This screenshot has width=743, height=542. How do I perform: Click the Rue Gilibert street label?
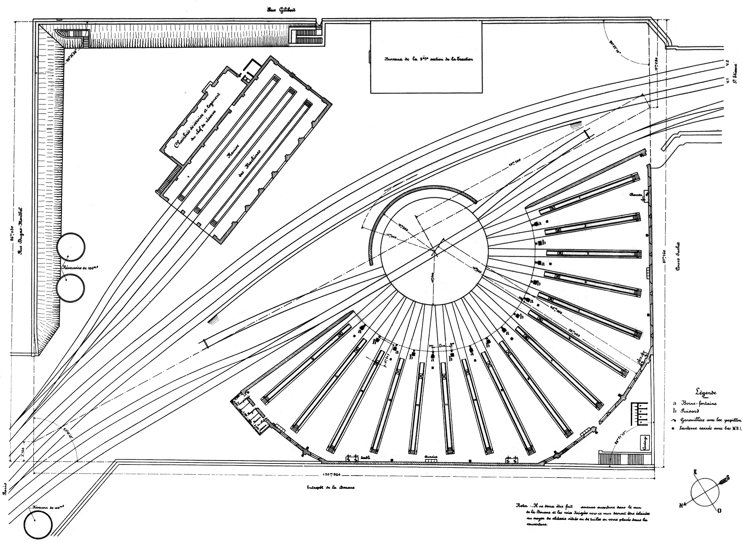(282, 10)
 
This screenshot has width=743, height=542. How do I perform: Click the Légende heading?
(706, 392)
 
